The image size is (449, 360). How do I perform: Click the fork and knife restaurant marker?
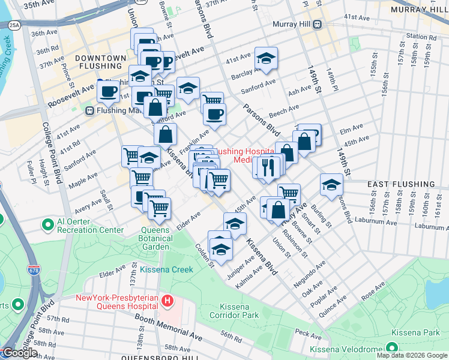pyautogui.click(x=271, y=166)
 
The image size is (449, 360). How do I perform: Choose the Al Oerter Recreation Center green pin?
pyautogui.click(x=48, y=225)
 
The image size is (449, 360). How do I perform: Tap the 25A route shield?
pyautogui.click(x=14, y=25)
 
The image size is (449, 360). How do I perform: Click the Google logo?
pyautogui.click(x=19, y=353)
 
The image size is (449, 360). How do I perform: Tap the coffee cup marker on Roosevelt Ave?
pyautogui.click(x=109, y=91)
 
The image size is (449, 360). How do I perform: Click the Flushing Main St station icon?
pyautogui.click(x=89, y=110)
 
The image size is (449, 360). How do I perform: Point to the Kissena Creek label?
pyautogui.click(x=166, y=269)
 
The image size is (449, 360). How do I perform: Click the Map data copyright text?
pyautogui.click(x=411, y=355)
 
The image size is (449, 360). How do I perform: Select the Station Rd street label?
pyautogui.click(x=420, y=36)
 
